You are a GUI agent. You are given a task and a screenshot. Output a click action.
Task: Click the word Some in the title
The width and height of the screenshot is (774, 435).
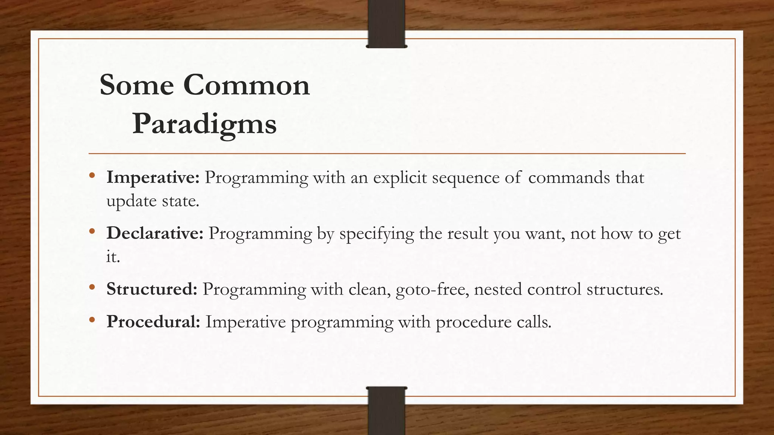[x=136, y=85]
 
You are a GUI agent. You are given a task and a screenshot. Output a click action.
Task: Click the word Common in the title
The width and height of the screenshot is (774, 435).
[x=246, y=85]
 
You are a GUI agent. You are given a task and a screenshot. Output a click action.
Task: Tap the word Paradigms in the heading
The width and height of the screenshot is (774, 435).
[x=204, y=124]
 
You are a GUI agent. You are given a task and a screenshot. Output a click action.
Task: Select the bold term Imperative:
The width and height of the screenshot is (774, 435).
[x=153, y=177]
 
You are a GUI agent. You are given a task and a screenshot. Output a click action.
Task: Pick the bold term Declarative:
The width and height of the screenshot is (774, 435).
[x=155, y=233]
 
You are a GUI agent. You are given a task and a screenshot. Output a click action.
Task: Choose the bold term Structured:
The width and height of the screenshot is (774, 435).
[x=152, y=289]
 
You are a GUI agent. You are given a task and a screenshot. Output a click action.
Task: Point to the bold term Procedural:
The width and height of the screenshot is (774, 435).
[x=153, y=322]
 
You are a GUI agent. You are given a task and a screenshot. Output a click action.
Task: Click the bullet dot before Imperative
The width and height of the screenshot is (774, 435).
[x=92, y=175]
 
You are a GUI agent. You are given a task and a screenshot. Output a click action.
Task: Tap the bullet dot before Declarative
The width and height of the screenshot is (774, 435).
[x=92, y=231]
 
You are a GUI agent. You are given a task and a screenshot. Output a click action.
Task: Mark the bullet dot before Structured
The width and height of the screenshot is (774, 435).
[x=92, y=287]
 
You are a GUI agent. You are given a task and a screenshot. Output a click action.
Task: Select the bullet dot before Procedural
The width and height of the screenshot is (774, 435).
[x=92, y=320]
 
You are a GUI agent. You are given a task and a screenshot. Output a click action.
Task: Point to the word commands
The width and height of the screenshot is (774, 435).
[x=569, y=177]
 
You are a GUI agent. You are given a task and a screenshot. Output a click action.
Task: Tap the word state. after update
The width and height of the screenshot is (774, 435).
[x=180, y=201]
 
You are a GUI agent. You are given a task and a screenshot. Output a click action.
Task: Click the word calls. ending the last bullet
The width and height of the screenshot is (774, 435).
[x=534, y=322]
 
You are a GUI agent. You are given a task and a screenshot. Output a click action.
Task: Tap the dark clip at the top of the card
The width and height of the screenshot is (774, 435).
[x=386, y=24]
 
